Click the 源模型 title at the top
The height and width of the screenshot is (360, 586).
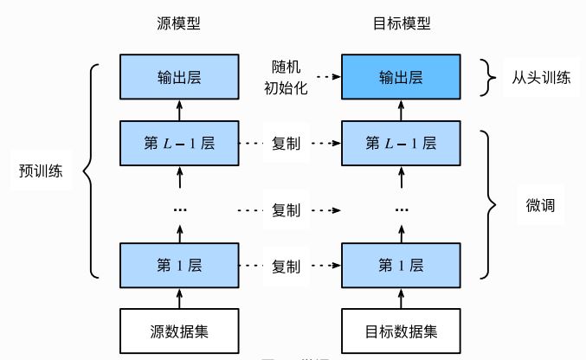[179, 23]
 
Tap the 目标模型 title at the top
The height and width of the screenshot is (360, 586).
[402, 23]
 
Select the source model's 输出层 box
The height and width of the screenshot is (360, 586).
[179, 77]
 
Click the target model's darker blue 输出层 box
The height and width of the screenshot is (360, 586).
[402, 77]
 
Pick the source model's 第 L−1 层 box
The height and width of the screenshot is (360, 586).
[179, 142]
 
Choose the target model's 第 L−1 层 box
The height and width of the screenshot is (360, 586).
[402, 142]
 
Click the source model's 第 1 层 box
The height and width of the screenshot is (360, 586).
[179, 263]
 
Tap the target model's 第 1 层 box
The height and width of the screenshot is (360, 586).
[402, 263]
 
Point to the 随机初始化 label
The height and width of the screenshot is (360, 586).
[287, 76]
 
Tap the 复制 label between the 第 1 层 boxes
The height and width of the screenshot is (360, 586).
[287, 264]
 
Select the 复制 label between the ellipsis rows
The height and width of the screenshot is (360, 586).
[287, 209]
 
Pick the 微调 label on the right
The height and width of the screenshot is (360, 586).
[539, 207]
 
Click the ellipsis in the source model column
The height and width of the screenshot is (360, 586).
[179, 210]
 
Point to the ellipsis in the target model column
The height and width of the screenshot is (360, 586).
[402, 210]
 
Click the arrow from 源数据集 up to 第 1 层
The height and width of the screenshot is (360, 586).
[179, 296]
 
